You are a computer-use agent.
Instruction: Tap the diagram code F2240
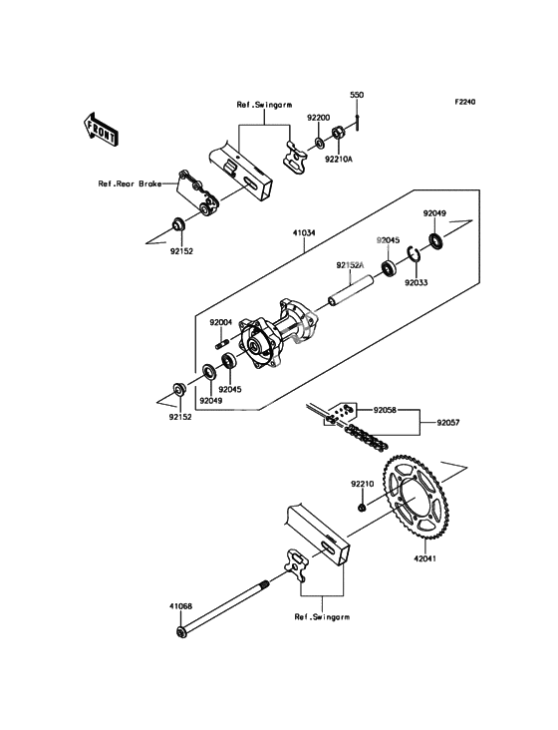pyautogui.click(x=464, y=102)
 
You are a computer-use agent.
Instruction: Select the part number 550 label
pyautogui.click(x=357, y=95)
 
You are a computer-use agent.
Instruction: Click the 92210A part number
pyautogui.click(x=339, y=160)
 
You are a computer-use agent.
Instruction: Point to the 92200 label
pyautogui.click(x=318, y=119)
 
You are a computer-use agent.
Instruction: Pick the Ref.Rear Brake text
pyautogui.click(x=130, y=183)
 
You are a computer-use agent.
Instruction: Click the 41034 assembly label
pyautogui.click(x=304, y=232)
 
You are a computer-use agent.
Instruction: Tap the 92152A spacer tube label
pyautogui.click(x=351, y=265)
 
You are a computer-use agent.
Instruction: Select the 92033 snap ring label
pyautogui.click(x=416, y=282)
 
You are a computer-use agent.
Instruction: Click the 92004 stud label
pyautogui.click(x=221, y=322)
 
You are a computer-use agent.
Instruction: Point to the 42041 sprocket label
pyautogui.click(x=424, y=558)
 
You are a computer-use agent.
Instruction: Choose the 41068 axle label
pyautogui.click(x=180, y=606)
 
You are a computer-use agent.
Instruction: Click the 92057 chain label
pyautogui.click(x=447, y=423)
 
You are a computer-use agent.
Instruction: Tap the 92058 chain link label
pyautogui.click(x=385, y=411)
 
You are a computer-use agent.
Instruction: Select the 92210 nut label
pyautogui.click(x=363, y=485)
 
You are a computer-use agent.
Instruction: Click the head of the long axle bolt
pyautogui.click(x=181, y=632)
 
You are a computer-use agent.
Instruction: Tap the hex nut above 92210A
pyautogui.click(x=338, y=134)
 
